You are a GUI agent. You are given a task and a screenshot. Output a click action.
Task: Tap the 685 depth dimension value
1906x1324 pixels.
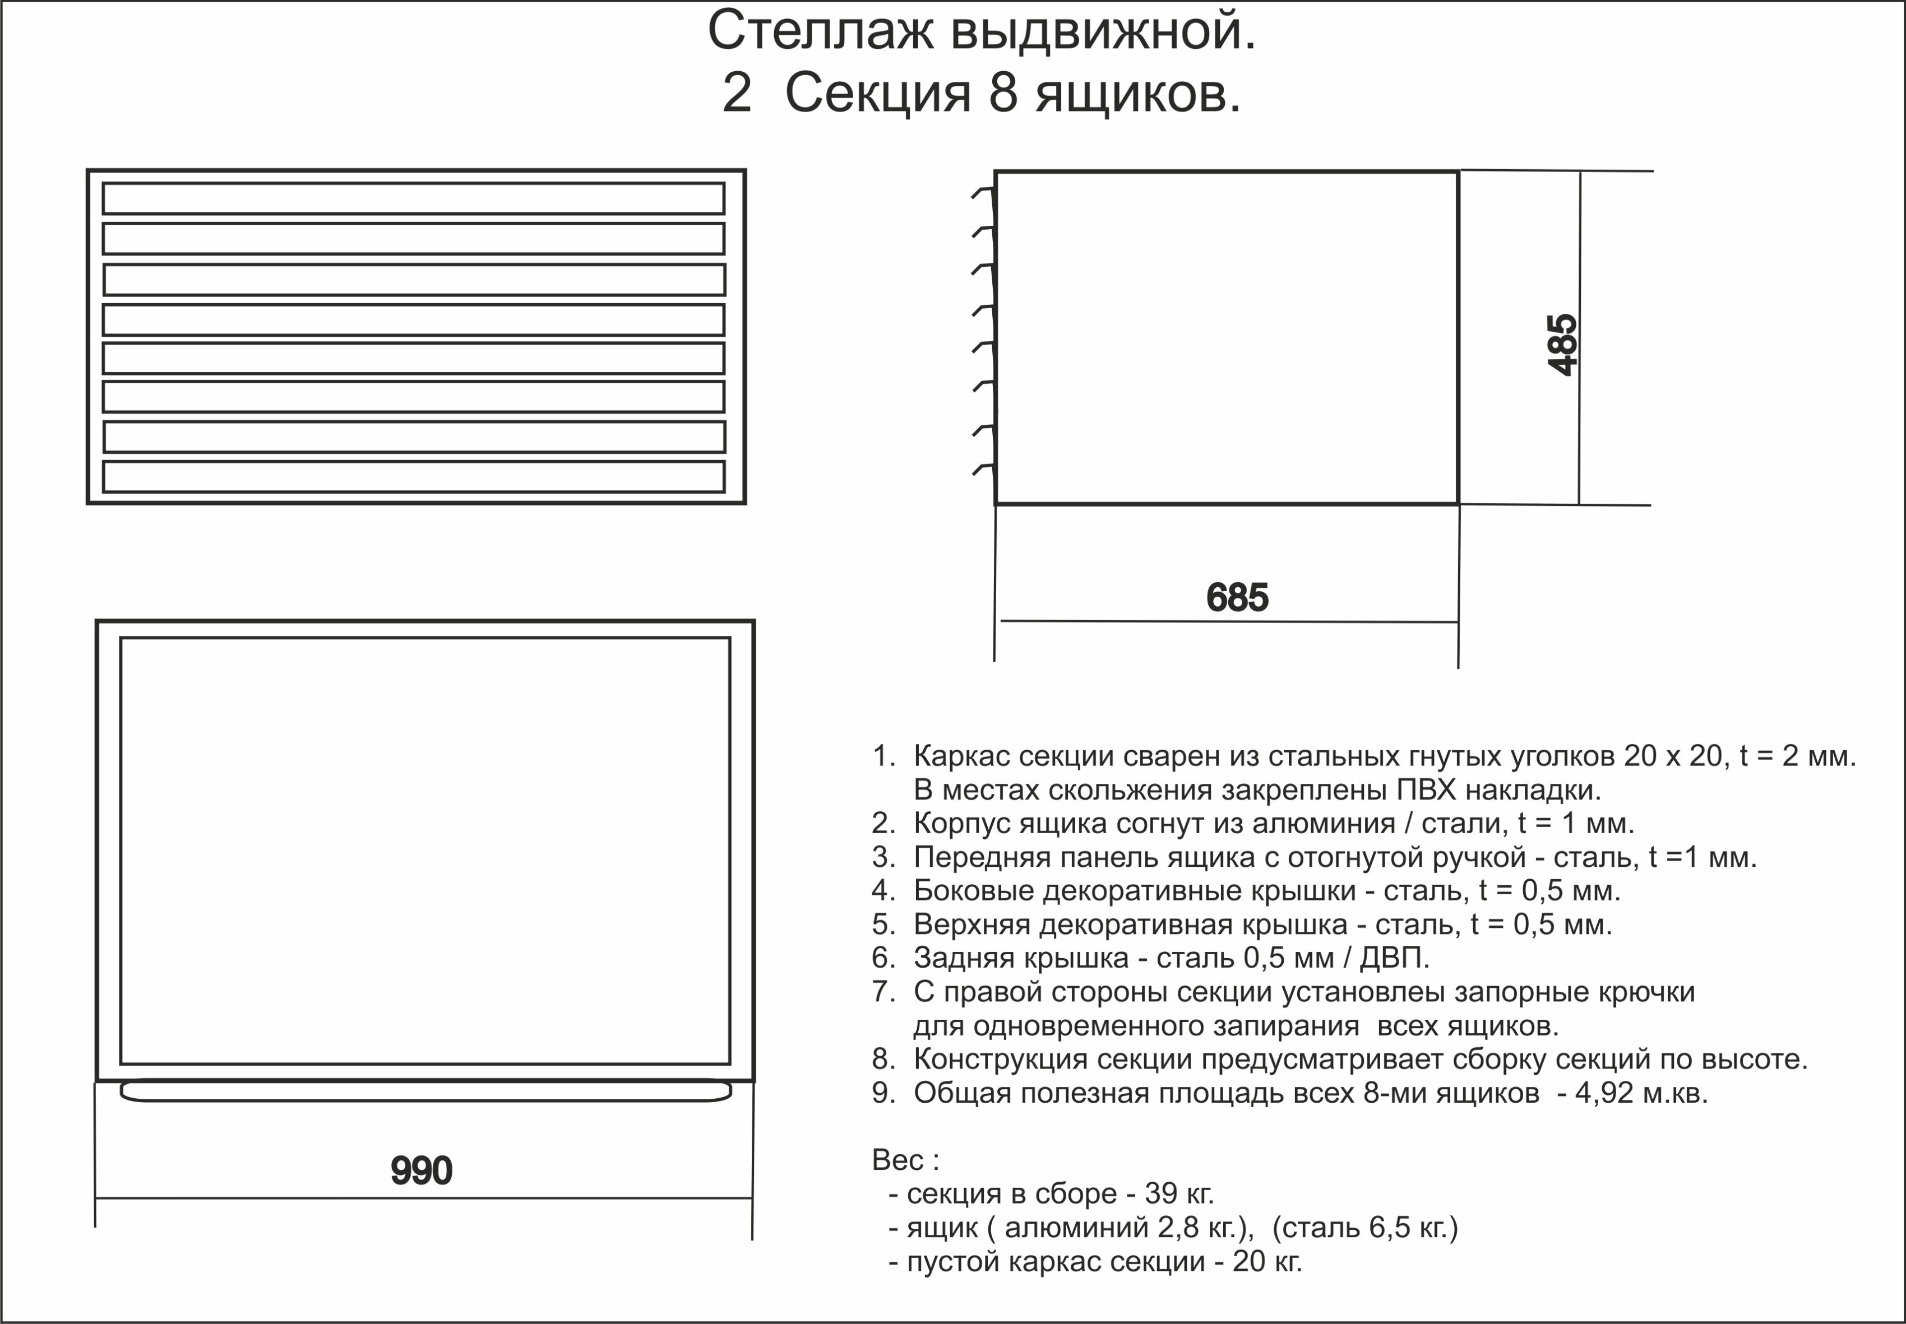1237,597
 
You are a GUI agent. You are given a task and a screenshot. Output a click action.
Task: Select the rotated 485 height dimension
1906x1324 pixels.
1562,344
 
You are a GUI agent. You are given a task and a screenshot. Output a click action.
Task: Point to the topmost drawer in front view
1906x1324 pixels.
413,199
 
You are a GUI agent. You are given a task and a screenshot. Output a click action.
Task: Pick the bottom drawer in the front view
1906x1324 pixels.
413,477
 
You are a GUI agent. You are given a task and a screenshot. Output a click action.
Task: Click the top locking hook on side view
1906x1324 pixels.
983,193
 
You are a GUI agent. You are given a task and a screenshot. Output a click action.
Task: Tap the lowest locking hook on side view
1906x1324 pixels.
983,470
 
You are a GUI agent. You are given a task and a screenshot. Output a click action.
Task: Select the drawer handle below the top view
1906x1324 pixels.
425,1091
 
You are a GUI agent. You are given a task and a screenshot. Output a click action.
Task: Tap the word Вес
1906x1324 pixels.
899,1160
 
